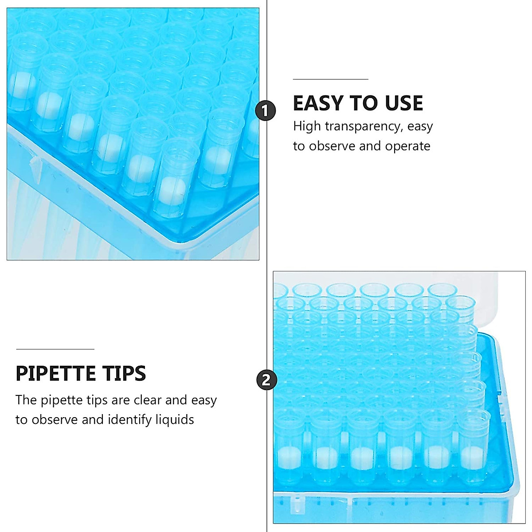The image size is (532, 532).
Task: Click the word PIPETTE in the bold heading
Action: (56, 374)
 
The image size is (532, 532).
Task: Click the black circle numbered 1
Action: (266, 110)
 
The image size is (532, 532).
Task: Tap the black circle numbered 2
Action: (266, 380)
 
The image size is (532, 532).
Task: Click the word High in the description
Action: (306, 126)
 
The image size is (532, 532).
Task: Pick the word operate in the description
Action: (407, 146)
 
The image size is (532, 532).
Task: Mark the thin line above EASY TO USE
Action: (330, 79)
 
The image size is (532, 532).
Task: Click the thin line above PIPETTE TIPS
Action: (55, 349)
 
